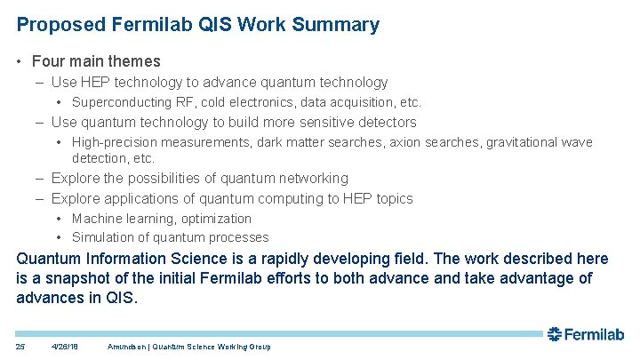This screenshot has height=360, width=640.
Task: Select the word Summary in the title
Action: [339, 25]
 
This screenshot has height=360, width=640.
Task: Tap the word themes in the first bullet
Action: [132, 61]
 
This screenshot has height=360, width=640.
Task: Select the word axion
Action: [404, 142]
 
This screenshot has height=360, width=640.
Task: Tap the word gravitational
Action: [516, 142]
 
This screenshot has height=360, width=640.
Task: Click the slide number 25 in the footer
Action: [21, 346]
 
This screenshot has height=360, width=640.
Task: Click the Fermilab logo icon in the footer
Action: [556, 334]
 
